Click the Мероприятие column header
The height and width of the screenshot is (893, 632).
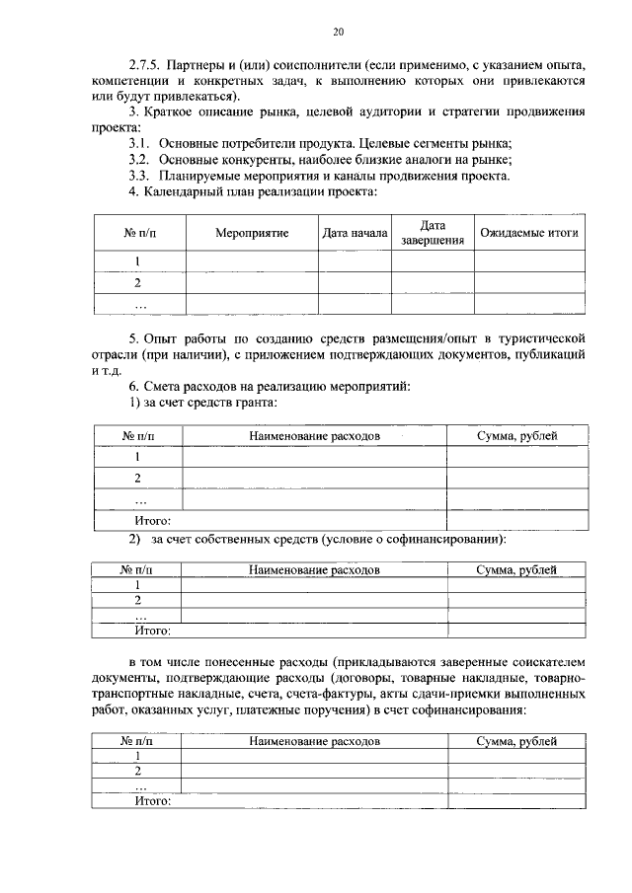click(252, 234)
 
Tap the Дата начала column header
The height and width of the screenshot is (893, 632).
click(355, 234)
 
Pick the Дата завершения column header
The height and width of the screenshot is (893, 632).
click(433, 234)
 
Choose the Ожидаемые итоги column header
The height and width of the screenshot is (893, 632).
click(529, 234)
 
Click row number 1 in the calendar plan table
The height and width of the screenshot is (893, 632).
click(138, 261)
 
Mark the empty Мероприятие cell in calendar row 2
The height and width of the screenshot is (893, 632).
click(252, 283)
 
